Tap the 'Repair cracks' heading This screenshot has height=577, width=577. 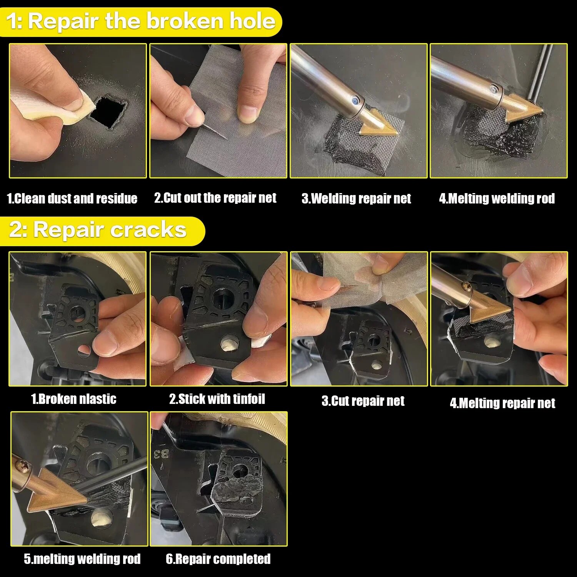[x=98, y=230]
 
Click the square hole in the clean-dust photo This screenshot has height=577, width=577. [x=109, y=112]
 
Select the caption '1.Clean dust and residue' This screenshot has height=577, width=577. [x=72, y=198]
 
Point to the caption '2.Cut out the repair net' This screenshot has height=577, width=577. [x=215, y=198]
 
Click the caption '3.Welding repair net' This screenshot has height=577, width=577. [x=356, y=198]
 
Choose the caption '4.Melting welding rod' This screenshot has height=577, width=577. [x=497, y=198]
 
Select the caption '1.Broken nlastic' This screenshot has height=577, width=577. [x=73, y=399]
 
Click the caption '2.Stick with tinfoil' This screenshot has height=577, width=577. [x=217, y=399]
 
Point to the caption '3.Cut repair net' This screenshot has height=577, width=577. [x=363, y=401]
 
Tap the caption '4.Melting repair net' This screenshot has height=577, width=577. [x=502, y=403]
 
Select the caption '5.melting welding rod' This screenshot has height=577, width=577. [x=82, y=559]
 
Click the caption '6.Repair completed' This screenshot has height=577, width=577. [x=218, y=559]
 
